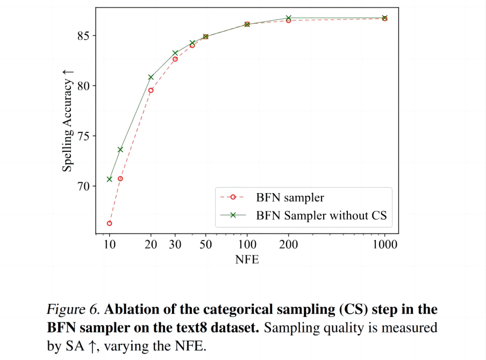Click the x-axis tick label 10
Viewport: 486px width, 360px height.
[x=109, y=245]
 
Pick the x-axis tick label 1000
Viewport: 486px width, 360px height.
[x=384, y=245]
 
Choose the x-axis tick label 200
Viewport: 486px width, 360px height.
[x=289, y=245]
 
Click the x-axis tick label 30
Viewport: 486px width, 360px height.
[x=175, y=245]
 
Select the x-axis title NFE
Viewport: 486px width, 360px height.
[x=247, y=260]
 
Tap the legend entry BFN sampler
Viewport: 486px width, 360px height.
[x=290, y=197]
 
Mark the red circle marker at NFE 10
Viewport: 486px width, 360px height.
[x=109, y=223]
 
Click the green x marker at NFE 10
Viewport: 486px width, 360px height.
[x=109, y=179]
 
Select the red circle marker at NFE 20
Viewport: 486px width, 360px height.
[x=151, y=90]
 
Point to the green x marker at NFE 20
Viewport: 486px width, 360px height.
[x=151, y=77]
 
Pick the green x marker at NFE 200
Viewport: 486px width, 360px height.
[x=289, y=18]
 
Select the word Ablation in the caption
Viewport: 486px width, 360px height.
[x=131, y=310]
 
